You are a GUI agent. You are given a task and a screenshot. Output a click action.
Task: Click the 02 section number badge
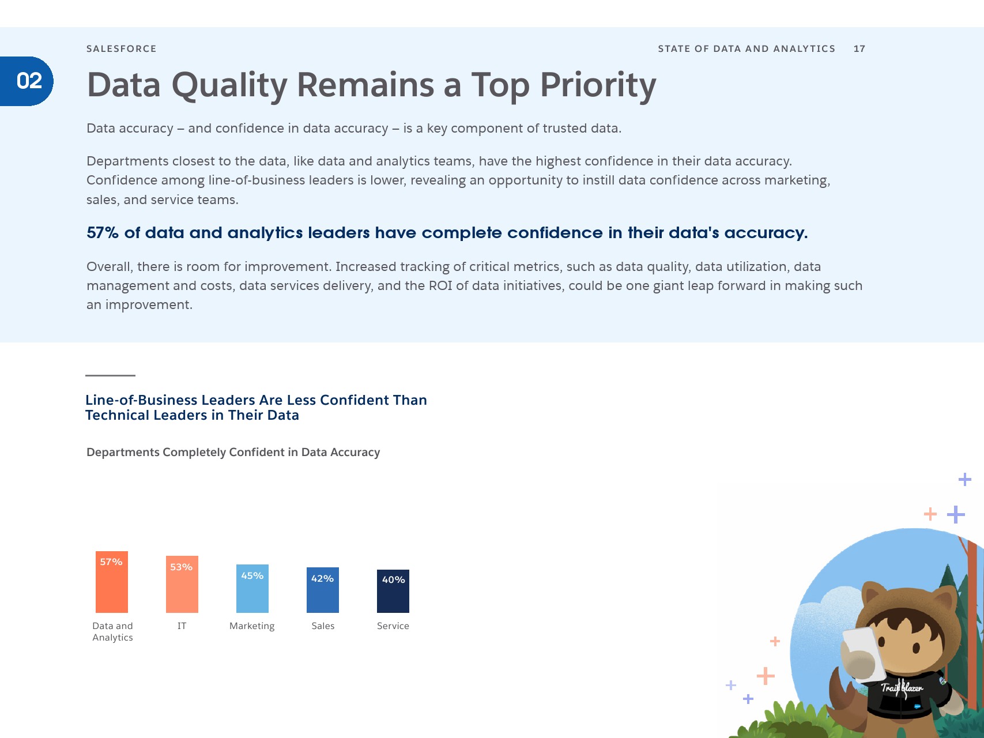(27, 81)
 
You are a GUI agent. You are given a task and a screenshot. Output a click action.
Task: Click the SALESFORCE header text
(122, 49)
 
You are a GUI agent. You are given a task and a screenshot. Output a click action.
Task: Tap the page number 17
(859, 49)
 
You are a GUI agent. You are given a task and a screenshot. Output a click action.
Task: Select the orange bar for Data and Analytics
(112, 582)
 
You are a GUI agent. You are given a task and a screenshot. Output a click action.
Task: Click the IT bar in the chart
(182, 584)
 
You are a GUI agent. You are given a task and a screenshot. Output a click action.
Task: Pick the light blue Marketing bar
(252, 589)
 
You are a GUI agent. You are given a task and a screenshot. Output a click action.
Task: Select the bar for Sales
(323, 590)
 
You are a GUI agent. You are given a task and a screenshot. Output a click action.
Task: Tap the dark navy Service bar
(393, 591)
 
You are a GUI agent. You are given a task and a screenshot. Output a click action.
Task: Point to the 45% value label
(252, 576)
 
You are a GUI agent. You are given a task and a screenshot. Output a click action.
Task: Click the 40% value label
(393, 580)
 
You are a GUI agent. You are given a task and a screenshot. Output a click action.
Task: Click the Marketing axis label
(252, 626)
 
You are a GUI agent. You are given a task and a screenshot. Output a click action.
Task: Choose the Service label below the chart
(393, 626)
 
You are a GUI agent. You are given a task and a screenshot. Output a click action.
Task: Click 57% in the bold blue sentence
(103, 233)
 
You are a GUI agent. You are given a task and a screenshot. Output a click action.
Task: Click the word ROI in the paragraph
(440, 286)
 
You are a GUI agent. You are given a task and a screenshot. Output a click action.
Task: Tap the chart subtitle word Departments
(123, 453)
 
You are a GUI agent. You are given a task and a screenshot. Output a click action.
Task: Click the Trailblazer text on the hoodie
(902, 688)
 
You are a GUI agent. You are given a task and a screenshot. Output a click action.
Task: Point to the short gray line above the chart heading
(110, 375)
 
